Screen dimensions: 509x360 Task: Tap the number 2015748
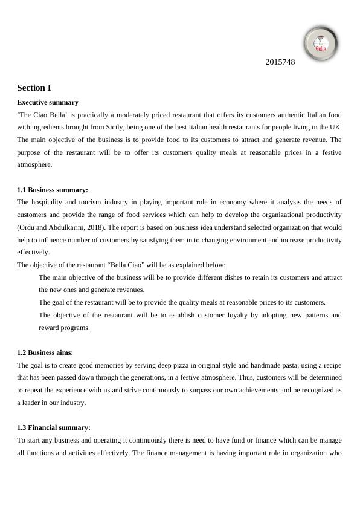pos(280,62)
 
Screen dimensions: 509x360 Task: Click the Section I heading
pos(34,88)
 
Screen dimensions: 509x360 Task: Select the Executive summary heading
pos(48,102)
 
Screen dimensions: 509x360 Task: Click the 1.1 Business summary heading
pos(53,190)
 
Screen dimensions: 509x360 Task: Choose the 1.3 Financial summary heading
pos(54,427)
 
